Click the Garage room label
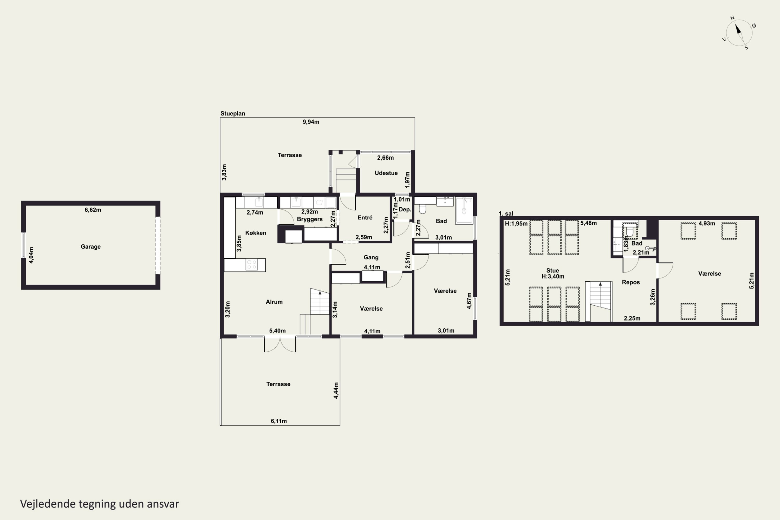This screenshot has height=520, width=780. tap(90, 246)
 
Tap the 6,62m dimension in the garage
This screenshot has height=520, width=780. tap(93, 210)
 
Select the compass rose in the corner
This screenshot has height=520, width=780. tap(739, 32)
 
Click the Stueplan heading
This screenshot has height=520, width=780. tap(232, 113)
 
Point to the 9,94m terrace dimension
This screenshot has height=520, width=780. tap(311, 122)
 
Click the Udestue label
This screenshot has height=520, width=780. tap(386, 173)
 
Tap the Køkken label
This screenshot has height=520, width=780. tap(256, 233)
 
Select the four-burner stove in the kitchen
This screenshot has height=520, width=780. tap(252, 265)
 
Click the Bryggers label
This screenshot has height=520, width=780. tap(310, 219)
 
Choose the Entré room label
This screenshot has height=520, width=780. tap(365, 218)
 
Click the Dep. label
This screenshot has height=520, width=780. tap(405, 210)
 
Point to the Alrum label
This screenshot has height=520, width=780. tap(274, 302)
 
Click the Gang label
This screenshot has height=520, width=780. tap(371, 257)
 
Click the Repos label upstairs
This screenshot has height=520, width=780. tap(631, 282)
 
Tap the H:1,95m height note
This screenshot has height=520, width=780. tap(516, 224)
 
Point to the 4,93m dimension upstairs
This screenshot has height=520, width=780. tap(707, 224)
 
